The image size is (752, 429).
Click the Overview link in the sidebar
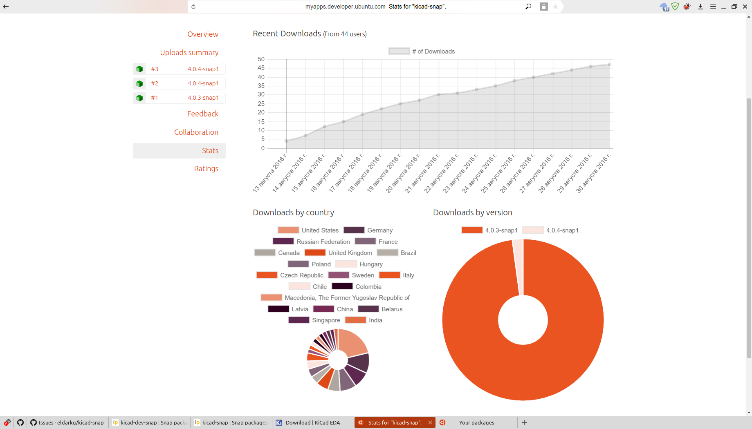(x=202, y=34)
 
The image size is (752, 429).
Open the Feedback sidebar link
(x=202, y=114)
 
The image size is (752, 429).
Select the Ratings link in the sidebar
(x=206, y=169)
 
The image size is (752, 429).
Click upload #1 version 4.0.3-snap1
(x=179, y=98)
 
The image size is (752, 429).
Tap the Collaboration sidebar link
(x=196, y=132)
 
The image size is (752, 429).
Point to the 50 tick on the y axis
(x=261, y=59)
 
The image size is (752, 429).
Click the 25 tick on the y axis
(x=261, y=104)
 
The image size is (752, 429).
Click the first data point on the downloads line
(x=286, y=141)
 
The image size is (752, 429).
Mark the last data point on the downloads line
(x=609, y=65)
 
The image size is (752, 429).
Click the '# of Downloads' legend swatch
(x=399, y=51)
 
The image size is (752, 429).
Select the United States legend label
(x=320, y=230)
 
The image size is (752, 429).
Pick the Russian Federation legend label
(x=323, y=242)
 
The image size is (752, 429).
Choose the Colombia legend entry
(x=368, y=287)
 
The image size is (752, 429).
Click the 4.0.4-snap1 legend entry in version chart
(x=562, y=230)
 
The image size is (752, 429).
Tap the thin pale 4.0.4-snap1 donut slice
(x=518, y=266)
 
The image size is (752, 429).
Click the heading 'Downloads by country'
(x=293, y=212)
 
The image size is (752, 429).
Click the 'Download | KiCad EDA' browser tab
(x=312, y=422)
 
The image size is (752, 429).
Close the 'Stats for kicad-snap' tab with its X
(x=430, y=422)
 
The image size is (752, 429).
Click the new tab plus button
(x=524, y=422)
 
